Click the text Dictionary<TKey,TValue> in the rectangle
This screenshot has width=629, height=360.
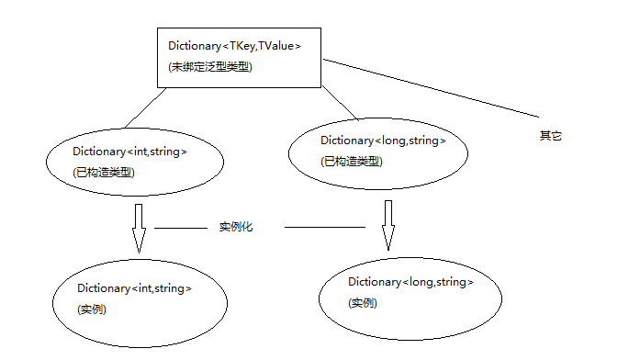click(x=234, y=46)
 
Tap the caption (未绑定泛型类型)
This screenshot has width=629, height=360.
click(x=210, y=67)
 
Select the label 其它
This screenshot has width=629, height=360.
click(x=550, y=136)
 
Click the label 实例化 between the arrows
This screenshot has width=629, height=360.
click(x=236, y=227)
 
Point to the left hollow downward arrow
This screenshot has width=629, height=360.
click(x=139, y=228)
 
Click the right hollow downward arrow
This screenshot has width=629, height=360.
click(x=388, y=225)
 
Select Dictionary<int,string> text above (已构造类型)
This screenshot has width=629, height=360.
click(x=130, y=152)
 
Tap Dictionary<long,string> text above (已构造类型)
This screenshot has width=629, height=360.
click(x=383, y=141)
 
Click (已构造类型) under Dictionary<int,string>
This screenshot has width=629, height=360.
click(x=104, y=173)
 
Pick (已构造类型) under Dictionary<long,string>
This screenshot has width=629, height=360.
click(x=352, y=162)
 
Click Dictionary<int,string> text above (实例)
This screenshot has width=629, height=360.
click(x=134, y=288)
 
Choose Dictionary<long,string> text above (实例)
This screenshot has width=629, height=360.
click(x=410, y=282)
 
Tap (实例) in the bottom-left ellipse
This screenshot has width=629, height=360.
click(x=92, y=309)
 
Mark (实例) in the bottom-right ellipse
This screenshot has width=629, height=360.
click(x=363, y=303)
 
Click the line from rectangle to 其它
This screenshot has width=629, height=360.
click(x=431, y=88)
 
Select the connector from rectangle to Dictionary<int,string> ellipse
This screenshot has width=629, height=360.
click(x=145, y=108)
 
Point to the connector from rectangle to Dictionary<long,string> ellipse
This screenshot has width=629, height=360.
click(x=340, y=103)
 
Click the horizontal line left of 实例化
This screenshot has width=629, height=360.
click(x=181, y=228)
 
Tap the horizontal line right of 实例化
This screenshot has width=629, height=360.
click(x=325, y=227)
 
